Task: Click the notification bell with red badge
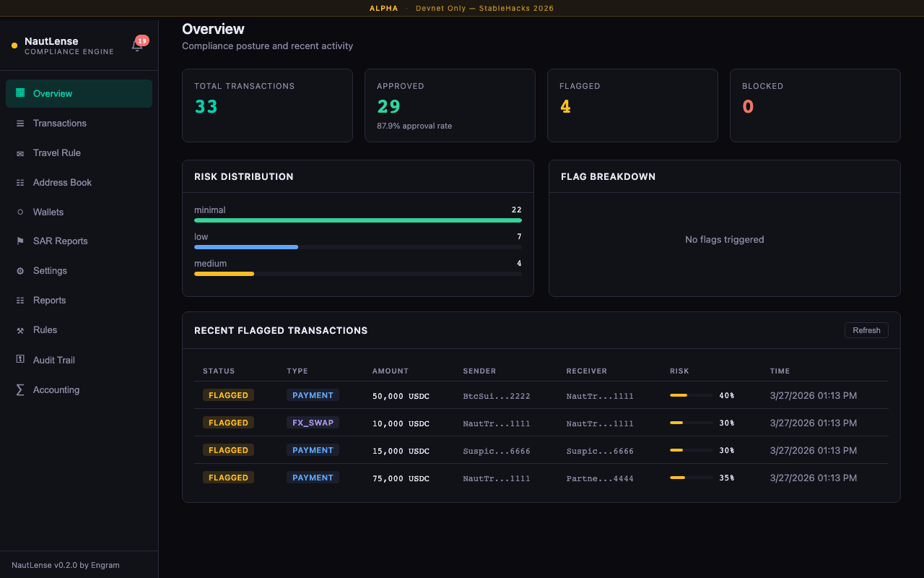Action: click(137, 46)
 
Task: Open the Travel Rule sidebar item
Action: click(56, 153)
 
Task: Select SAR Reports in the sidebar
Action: click(60, 241)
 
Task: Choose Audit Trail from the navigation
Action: click(53, 360)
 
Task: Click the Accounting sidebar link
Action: click(56, 389)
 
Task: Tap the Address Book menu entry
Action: click(62, 183)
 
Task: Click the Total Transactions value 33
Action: click(206, 107)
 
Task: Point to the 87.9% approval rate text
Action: click(414, 126)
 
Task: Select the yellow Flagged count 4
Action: click(565, 107)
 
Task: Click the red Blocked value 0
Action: click(748, 107)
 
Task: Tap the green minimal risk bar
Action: click(357, 220)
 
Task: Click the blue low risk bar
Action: click(246, 247)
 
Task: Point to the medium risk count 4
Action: click(519, 264)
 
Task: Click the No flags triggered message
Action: click(724, 240)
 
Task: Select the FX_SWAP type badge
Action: click(313, 423)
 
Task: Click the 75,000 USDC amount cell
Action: click(401, 478)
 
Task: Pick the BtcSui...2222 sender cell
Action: click(497, 396)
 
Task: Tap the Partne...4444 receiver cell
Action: click(600, 478)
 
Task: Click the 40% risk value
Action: click(726, 396)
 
